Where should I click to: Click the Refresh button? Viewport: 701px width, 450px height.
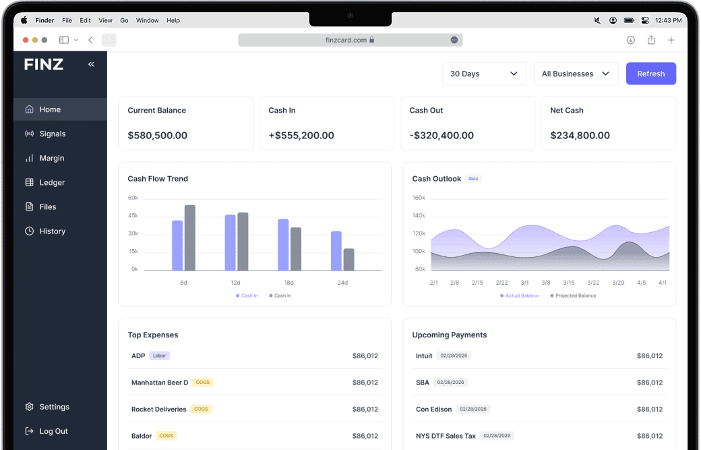(x=650, y=74)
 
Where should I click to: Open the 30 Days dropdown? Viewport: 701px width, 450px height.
(x=484, y=74)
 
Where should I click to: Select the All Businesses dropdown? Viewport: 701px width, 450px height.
(x=576, y=74)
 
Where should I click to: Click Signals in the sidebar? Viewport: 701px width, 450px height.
(x=52, y=134)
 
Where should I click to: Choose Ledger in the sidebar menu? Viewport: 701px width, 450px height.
(x=52, y=182)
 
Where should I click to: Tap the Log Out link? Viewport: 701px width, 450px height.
(x=53, y=431)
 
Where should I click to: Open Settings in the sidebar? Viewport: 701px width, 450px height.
(x=54, y=407)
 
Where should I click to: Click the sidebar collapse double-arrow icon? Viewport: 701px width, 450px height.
(x=91, y=64)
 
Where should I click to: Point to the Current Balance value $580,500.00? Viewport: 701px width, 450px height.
(x=158, y=135)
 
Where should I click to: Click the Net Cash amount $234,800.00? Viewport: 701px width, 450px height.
(x=580, y=135)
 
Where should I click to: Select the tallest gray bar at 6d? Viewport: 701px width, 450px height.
(x=190, y=237)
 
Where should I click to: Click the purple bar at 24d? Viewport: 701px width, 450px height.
(x=336, y=250)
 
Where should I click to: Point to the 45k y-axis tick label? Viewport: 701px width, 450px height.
(x=133, y=216)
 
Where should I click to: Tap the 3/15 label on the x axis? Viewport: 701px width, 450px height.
(x=569, y=283)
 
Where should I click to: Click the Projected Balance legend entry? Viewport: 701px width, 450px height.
(x=575, y=296)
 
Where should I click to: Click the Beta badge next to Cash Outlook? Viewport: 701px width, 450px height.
(x=473, y=179)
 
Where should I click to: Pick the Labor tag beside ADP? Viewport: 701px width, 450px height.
(x=159, y=356)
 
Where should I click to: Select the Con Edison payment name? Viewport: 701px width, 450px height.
(x=433, y=410)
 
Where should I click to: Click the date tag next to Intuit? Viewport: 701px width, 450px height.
(x=454, y=356)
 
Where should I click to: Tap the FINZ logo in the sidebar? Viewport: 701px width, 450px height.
(x=44, y=65)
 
